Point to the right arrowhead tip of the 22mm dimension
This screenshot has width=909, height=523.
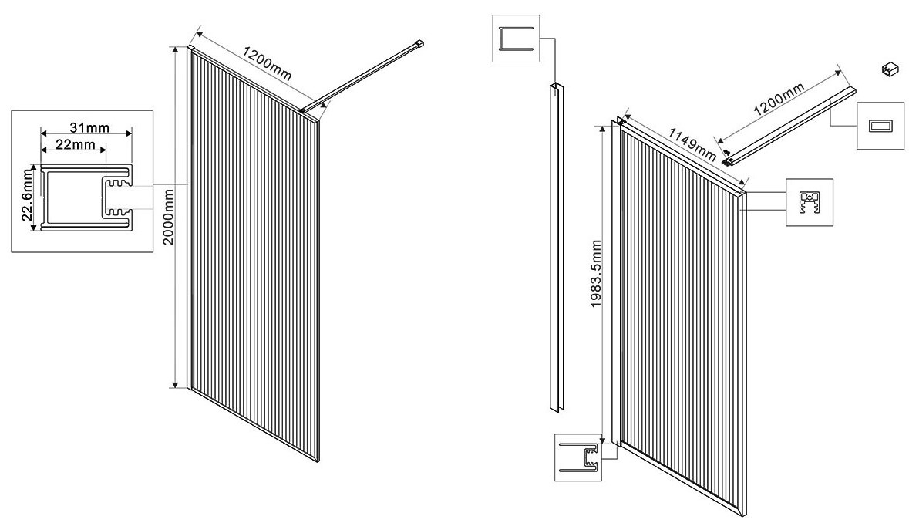click(107, 150)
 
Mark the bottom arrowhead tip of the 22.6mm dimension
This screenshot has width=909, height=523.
click(34, 230)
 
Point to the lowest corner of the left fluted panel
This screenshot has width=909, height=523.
click(318, 462)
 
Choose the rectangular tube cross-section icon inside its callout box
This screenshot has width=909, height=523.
click(880, 127)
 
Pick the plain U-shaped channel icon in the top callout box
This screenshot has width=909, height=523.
click(515, 39)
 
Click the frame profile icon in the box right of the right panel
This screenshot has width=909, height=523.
click(810, 202)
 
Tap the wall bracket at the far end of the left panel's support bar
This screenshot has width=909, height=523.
click(419, 42)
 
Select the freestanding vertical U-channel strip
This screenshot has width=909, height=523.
click(555, 248)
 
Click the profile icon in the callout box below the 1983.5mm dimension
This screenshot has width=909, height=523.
click(579, 457)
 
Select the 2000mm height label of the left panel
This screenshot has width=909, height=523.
click(168, 216)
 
